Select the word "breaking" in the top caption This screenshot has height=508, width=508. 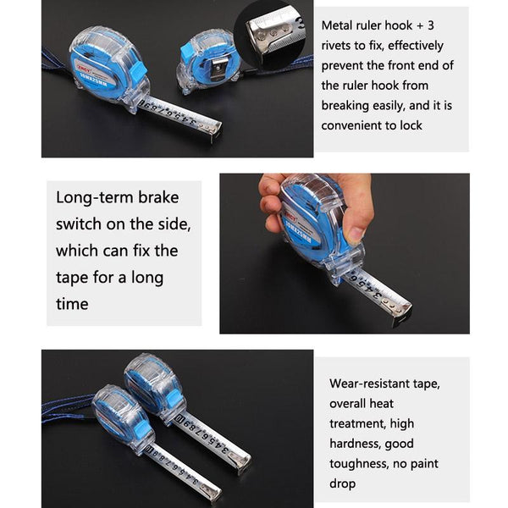[x=345, y=106]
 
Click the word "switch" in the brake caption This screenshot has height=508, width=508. [x=80, y=224]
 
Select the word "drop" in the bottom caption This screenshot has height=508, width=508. [x=343, y=484]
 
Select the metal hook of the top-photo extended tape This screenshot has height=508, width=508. [x=214, y=130]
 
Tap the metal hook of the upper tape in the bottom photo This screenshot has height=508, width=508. [x=243, y=461]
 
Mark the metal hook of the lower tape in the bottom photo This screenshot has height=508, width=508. [x=212, y=490]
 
